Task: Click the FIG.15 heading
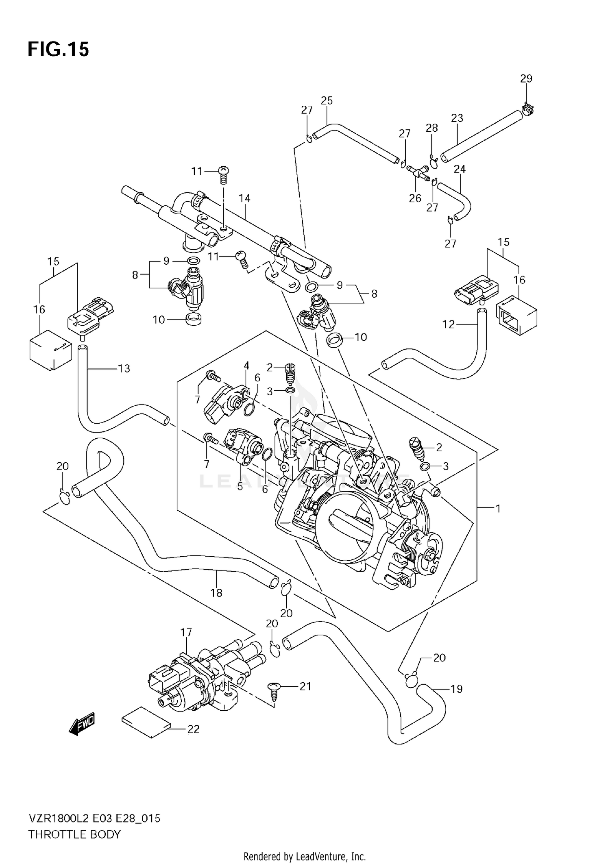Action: tap(58, 50)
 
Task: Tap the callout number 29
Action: tap(526, 78)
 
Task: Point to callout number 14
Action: tap(244, 198)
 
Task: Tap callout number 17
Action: tap(186, 632)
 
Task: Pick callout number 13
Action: tap(124, 368)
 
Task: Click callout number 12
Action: tap(449, 324)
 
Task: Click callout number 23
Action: tap(457, 118)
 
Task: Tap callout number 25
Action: tap(327, 100)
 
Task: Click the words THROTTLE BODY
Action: tap(74, 835)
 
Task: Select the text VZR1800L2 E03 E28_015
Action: tap(94, 818)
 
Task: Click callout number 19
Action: tap(456, 689)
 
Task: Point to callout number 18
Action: tap(216, 593)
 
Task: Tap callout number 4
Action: tap(246, 366)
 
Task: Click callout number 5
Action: tap(240, 486)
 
